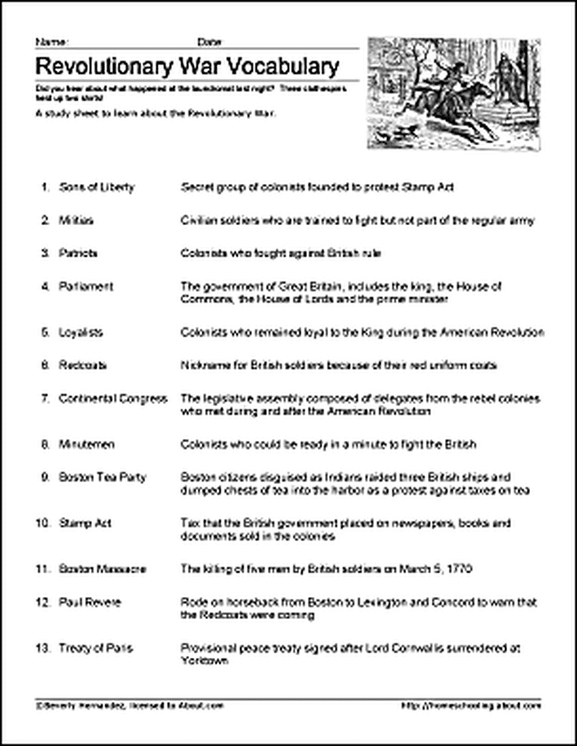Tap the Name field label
tap(46, 40)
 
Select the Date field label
tap(210, 40)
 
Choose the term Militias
tap(76, 221)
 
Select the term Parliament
tap(86, 287)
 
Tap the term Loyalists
tap(81, 333)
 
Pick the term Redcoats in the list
tap(82, 366)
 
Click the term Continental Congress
tap(113, 398)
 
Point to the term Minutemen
tap(86, 445)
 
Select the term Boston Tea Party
tap(102, 477)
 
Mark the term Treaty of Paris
tap(96, 648)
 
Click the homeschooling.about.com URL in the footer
tap(470, 706)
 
